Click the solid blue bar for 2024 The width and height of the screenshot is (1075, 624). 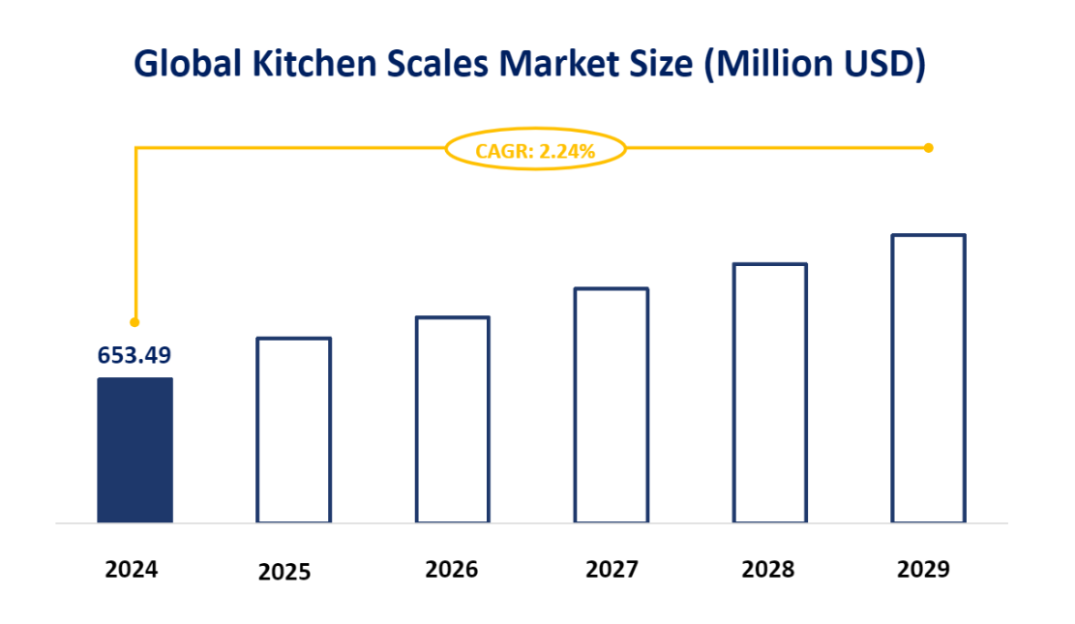(134, 450)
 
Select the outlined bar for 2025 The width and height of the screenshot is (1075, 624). (293, 431)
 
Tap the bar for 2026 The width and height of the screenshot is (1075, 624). (452, 420)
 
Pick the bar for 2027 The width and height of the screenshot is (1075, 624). (611, 405)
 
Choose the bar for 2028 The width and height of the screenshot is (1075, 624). (769, 393)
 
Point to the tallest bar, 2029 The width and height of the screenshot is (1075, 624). (928, 378)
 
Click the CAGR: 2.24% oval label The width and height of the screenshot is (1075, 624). (535, 150)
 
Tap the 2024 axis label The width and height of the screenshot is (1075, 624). (131, 569)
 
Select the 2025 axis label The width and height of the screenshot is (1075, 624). (284, 572)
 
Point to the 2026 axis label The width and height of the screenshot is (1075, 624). (451, 569)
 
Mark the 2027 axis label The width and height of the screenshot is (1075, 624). (612, 569)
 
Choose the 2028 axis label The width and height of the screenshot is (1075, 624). (767, 569)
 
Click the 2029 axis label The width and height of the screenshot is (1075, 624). (923, 569)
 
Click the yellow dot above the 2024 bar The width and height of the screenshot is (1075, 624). (134, 321)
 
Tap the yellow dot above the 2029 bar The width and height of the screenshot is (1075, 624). (928, 148)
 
